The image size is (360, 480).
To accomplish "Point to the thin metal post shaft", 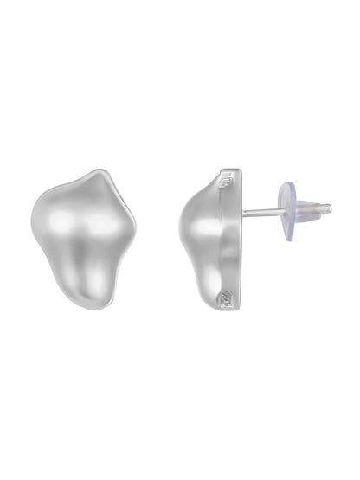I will pos(260,211).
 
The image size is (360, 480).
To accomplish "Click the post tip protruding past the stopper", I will pos(324,208).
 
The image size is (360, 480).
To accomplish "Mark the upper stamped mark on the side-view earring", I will pos(228,184).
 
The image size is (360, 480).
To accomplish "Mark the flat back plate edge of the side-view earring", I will pos(238,242).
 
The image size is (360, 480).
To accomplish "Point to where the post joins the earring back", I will pos(244,212).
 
